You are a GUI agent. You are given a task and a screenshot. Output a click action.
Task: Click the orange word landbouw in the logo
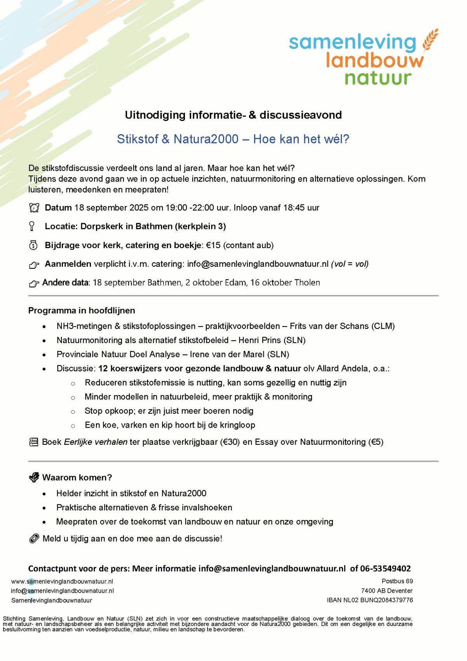click(x=375, y=60)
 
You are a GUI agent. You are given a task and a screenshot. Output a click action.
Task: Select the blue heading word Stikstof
click(x=138, y=139)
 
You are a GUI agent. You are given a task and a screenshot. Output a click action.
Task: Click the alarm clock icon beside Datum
click(x=34, y=208)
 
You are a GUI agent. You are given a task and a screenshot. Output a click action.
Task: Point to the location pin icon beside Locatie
click(x=32, y=226)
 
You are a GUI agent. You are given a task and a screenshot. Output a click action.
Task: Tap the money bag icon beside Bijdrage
click(x=34, y=245)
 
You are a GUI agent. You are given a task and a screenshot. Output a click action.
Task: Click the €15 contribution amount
click(x=213, y=245)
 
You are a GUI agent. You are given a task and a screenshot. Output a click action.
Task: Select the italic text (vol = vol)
click(x=350, y=264)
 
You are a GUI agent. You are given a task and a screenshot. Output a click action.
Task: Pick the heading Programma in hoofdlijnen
click(x=82, y=311)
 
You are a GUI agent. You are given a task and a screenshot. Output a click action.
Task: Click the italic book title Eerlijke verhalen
click(x=96, y=442)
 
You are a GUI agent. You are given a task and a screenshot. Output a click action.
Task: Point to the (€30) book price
click(x=230, y=442)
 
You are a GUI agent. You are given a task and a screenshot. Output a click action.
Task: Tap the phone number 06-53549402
click(x=385, y=568)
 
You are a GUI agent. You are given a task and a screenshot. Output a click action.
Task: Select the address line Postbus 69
click(x=397, y=581)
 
